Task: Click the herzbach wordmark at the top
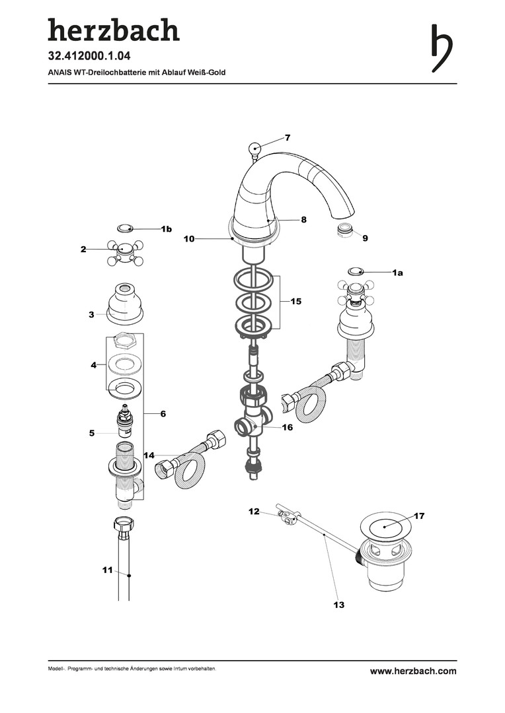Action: [113, 30]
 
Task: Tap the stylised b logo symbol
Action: [442, 48]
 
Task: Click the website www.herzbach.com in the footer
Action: [412, 671]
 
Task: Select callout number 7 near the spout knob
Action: [288, 138]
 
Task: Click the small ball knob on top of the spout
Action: [254, 149]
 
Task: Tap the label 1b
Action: [166, 229]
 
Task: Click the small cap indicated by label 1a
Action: [356, 271]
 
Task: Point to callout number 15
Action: [295, 301]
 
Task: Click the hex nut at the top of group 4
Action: [124, 341]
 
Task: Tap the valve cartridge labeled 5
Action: [124, 423]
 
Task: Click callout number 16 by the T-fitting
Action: [288, 428]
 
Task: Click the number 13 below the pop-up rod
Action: [339, 604]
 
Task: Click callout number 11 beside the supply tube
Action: [108, 570]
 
